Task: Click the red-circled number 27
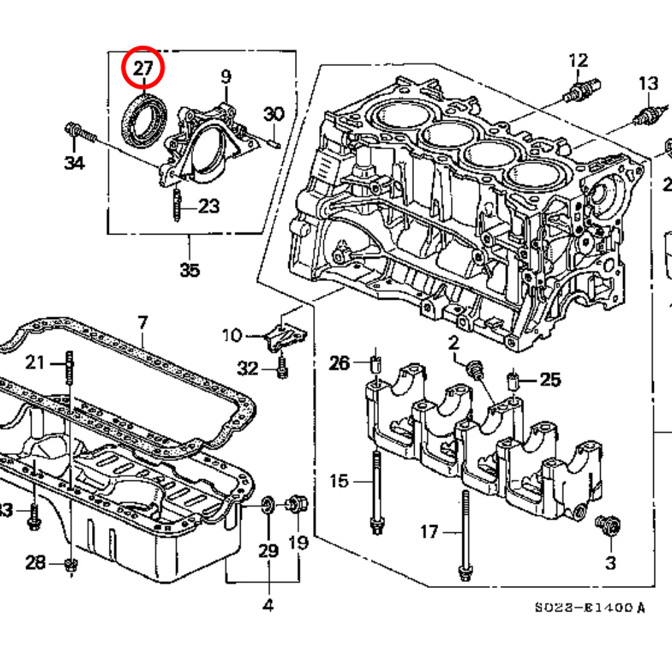pos(142,68)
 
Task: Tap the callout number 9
pos(226,77)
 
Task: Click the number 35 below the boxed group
pos(190,270)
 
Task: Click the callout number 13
pos(648,84)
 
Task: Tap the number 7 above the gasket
pos(142,323)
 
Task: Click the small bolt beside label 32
pos(282,366)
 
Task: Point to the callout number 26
pos(340,364)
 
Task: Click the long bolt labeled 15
pos(376,491)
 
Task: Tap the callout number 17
pos(429,532)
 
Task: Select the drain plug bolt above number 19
pos(296,504)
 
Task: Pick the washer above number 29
pos(267,504)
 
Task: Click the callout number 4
pos(268,605)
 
